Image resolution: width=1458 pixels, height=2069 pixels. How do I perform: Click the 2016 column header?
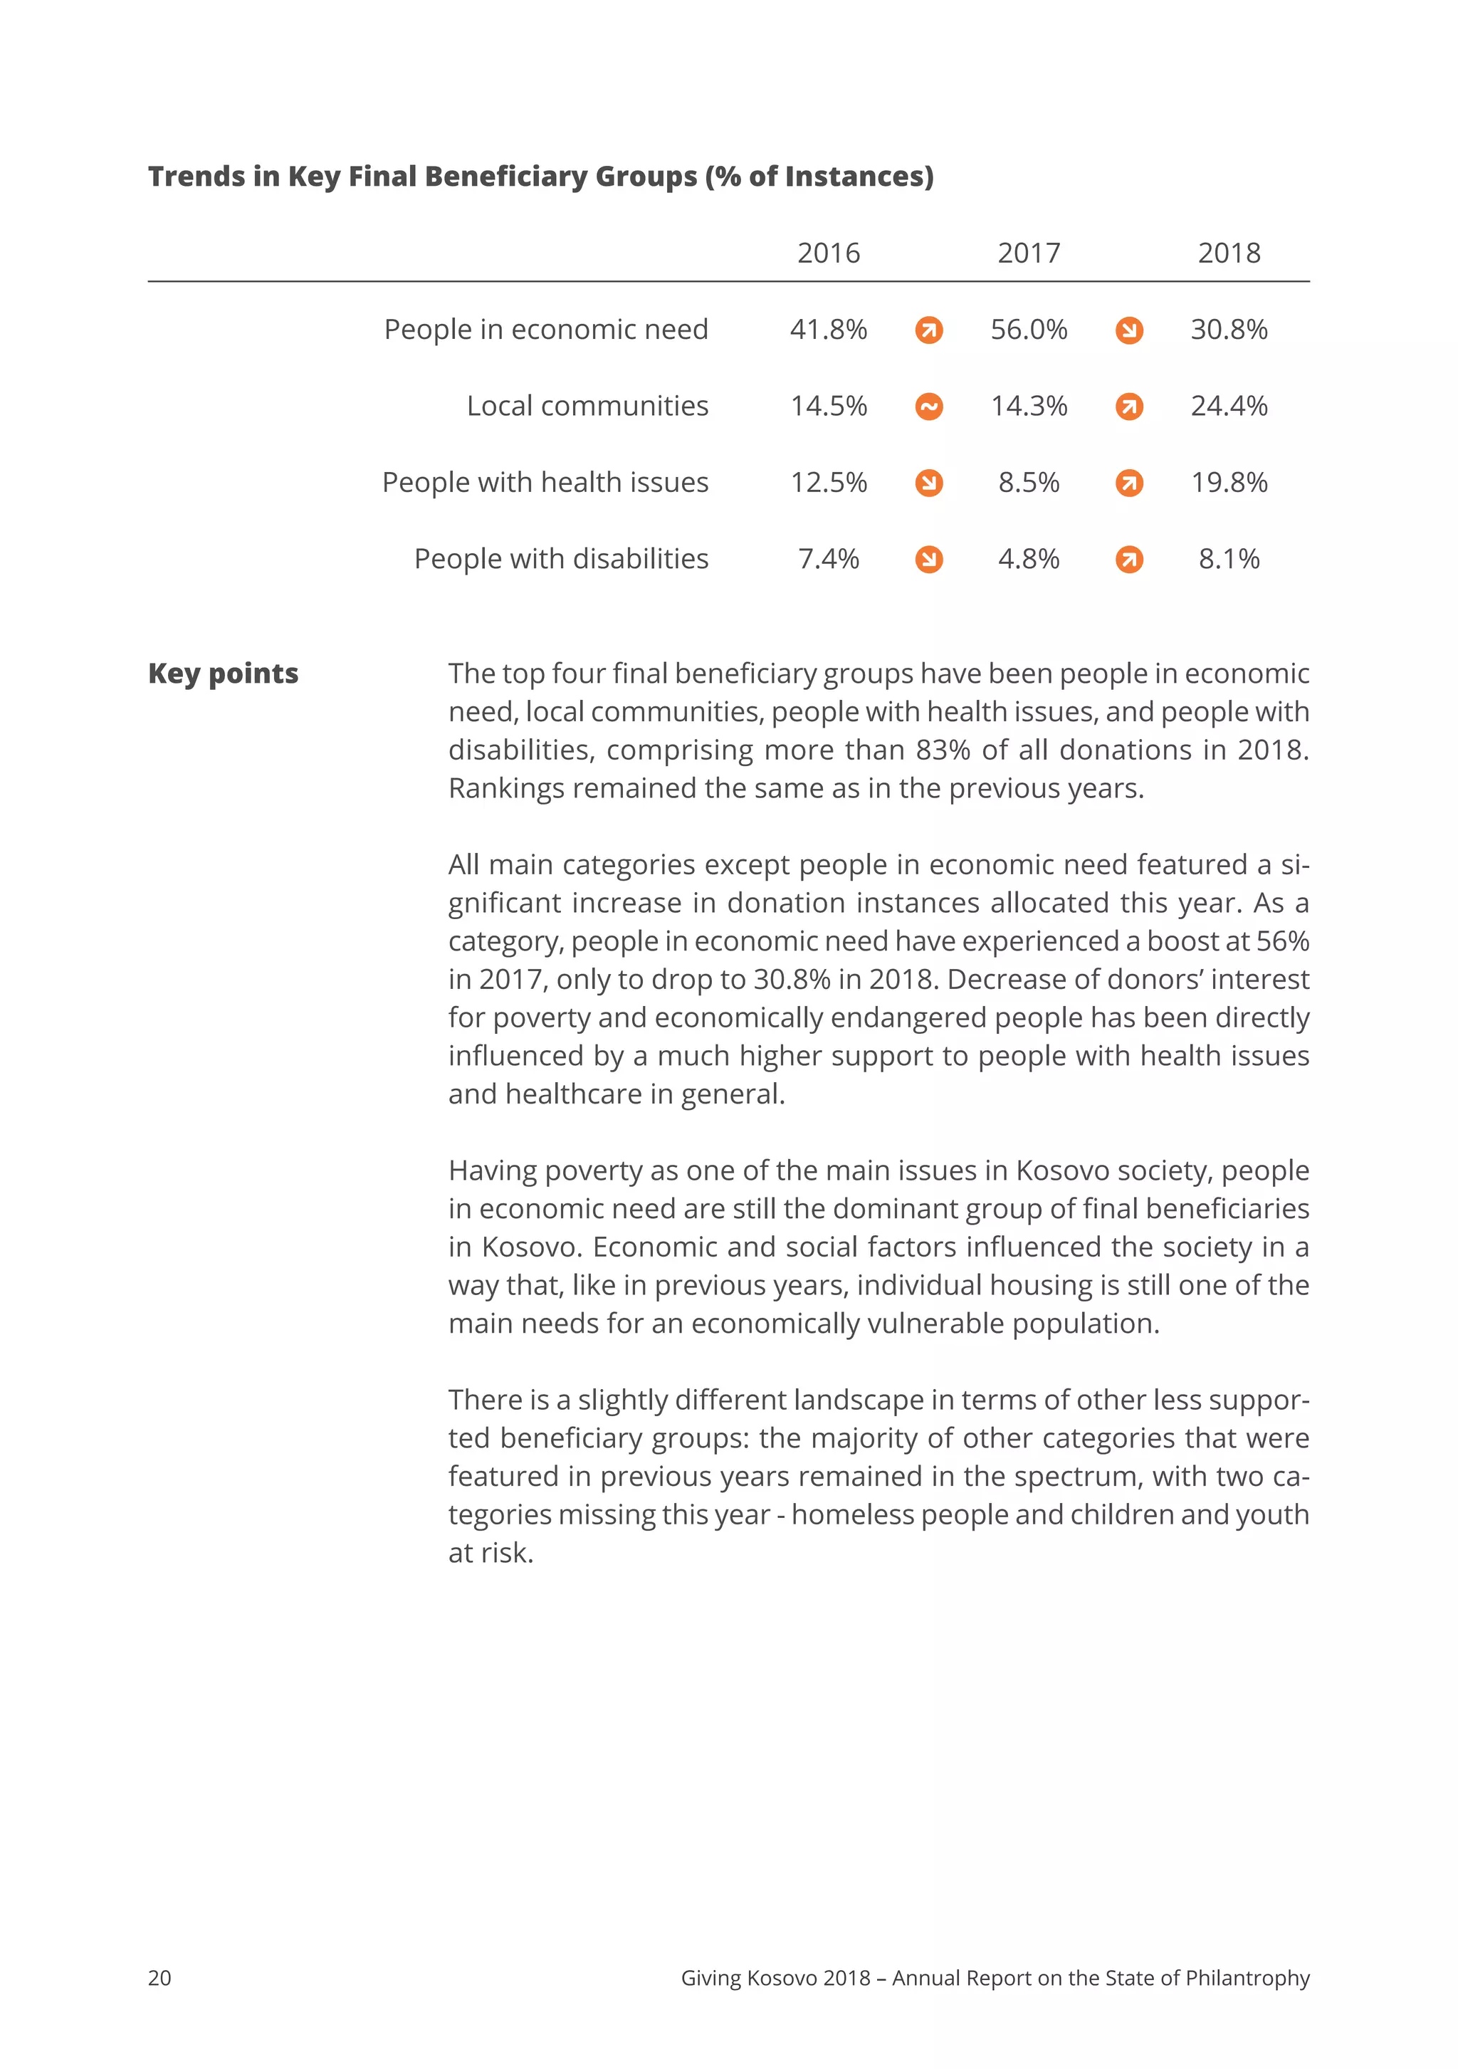click(x=828, y=253)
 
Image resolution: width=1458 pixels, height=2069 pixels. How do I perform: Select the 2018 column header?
click(x=1228, y=253)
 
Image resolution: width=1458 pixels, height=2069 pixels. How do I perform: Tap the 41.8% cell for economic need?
click(x=828, y=330)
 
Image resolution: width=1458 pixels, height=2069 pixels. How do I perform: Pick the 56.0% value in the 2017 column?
click(x=1028, y=330)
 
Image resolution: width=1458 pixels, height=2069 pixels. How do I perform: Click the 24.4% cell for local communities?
click(x=1228, y=407)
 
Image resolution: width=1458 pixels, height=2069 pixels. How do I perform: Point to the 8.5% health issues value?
click(x=1028, y=483)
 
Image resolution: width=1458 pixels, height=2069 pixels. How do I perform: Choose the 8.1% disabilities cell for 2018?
click(x=1228, y=560)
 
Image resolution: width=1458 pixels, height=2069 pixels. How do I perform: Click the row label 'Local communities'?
click(x=587, y=407)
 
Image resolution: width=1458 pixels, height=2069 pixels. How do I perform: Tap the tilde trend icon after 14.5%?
click(x=929, y=407)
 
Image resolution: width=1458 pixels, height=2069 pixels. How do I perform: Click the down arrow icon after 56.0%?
click(x=1129, y=331)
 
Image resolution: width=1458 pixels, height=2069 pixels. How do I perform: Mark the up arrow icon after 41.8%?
click(x=929, y=331)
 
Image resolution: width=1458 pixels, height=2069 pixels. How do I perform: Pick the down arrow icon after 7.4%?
click(x=929, y=560)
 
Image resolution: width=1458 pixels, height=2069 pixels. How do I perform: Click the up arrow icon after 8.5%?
click(x=1129, y=484)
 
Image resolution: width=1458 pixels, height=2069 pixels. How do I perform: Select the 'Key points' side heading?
click(x=223, y=674)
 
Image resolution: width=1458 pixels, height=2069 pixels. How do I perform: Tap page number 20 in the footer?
click(x=159, y=1978)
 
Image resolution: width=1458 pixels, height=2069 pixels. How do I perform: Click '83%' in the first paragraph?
click(x=943, y=750)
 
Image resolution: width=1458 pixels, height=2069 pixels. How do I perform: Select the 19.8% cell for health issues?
click(x=1228, y=483)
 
